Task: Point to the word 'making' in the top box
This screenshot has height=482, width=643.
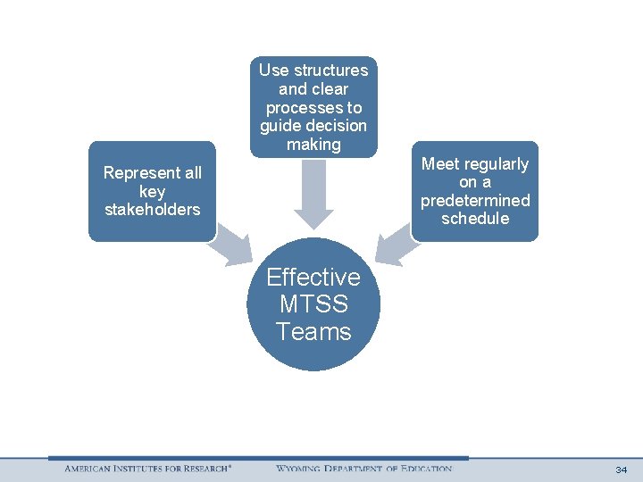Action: pos(313,144)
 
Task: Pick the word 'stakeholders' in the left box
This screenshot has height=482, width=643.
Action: pos(153,210)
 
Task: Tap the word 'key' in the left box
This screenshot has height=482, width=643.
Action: pos(153,191)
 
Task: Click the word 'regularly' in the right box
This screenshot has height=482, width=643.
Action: pos(495,164)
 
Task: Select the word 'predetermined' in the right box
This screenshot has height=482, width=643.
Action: pos(475,201)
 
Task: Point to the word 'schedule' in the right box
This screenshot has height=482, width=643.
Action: pos(475,219)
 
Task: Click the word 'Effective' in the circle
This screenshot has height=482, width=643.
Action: pos(313,277)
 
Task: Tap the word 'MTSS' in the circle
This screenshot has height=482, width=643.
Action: pos(313,304)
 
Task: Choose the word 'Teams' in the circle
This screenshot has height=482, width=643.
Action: pos(313,332)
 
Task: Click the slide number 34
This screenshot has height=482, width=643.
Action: pos(622,470)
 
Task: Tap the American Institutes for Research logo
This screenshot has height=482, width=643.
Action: pos(148,469)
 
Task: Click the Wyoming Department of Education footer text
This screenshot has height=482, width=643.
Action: pos(363,469)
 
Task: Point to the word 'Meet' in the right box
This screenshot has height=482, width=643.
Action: pos(439,164)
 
